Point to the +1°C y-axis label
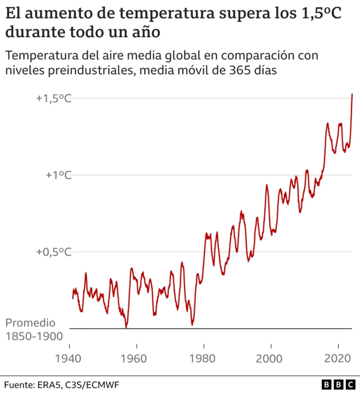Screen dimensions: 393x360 (x=59, y=175)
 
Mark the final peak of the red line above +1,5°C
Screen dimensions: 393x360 (x=352, y=94)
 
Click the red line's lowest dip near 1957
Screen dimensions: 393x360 (x=126, y=326)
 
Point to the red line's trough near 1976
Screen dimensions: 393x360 (x=192, y=324)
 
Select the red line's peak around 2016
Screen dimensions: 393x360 (x=327, y=123)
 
